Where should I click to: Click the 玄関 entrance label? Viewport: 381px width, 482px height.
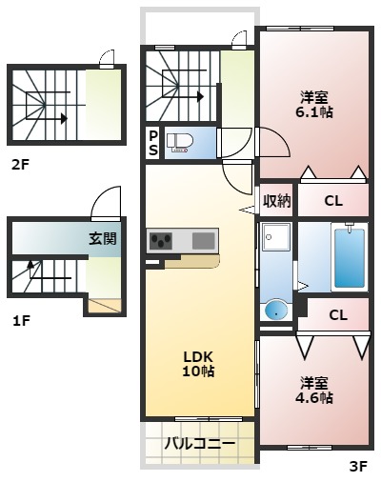tap(103, 238)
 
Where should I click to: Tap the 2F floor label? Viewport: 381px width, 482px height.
tap(20, 164)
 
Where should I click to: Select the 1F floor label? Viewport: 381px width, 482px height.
tap(21, 320)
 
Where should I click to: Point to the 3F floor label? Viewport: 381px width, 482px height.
tap(358, 466)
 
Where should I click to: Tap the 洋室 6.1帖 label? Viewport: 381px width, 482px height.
tap(314, 104)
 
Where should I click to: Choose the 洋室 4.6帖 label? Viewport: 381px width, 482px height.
tap(314, 391)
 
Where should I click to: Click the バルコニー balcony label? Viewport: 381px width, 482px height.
tap(199, 443)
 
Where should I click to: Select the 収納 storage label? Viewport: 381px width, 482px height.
tap(277, 200)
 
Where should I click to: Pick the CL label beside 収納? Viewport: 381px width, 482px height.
tap(332, 200)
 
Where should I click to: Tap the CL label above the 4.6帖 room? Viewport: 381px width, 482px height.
tap(337, 315)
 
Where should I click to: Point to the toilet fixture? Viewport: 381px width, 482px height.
tap(180, 143)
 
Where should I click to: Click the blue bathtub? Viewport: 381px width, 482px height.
tap(349, 256)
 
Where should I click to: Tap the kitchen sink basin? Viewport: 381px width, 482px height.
tap(203, 240)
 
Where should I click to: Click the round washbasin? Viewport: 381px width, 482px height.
tap(275, 309)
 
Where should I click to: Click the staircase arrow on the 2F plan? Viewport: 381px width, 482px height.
tap(64, 119)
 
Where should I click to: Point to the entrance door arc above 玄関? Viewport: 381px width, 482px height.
tap(108, 202)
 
